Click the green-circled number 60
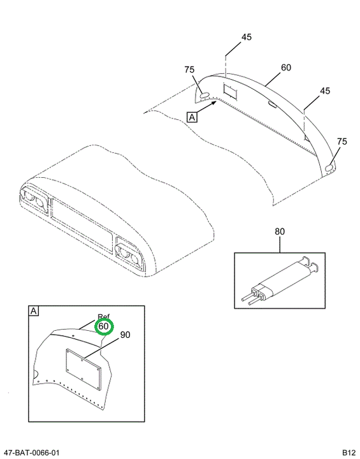pyautogui.click(x=104, y=326)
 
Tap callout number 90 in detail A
pyautogui.click(x=125, y=335)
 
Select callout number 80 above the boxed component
pyautogui.click(x=280, y=231)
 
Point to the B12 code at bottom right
pyautogui.click(x=349, y=453)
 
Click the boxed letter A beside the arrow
pyautogui.click(x=192, y=117)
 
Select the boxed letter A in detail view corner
pyautogui.click(x=34, y=310)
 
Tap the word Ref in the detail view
pyautogui.click(x=104, y=317)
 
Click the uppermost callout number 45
pyautogui.click(x=247, y=37)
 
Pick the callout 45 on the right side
pyautogui.click(x=325, y=91)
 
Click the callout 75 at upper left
pyautogui.click(x=189, y=69)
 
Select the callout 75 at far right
pyautogui.click(x=342, y=142)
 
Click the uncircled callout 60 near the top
pyautogui.click(x=286, y=68)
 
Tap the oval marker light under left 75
pyautogui.click(x=205, y=94)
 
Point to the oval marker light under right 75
pyautogui.click(x=329, y=168)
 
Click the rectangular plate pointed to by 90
pyautogui.click(x=83, y=369)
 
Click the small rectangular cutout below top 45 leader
pyautogui.click(x=231, y=91)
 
